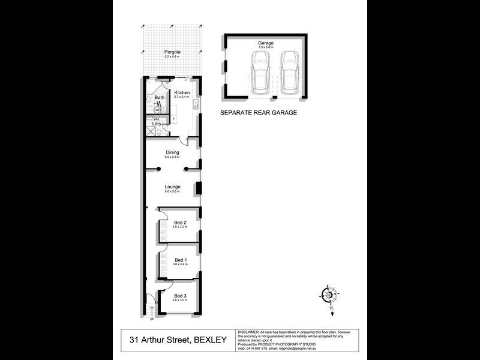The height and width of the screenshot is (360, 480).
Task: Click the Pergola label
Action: pyautogui.click(x=173, y=52)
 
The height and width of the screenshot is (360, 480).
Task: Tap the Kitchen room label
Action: pyautogui.click(x=182, y=93)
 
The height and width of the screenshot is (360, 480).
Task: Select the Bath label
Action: pyautogui.click(x=159, y=97)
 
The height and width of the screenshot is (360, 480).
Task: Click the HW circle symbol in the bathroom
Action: pyautogui.click(x=157, y=110)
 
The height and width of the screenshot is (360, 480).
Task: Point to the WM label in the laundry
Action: pyautogui.click(x=156, y=119)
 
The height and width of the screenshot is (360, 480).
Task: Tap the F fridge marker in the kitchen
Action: pyautogui.click(x=173, y=119)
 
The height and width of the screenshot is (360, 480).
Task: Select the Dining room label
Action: pyautogui.click(x=173, y=152)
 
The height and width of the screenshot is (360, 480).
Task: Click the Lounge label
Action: pyautogui.click(x=173, y=187)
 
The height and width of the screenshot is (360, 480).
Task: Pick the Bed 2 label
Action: pyautogui.click(x=180, y=223)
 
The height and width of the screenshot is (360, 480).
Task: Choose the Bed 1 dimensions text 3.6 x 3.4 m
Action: pyautogui.click(x=180, y=264)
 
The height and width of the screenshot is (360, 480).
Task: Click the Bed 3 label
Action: pyautogui.click(x=180, y=295)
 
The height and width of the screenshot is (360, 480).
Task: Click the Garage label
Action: pyautogui.click(x=266, y=43)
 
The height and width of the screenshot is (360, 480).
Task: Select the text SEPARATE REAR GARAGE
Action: pyautogui.click(x=258, y=112)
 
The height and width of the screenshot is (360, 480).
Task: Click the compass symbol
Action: pyautogui.click(x=329, y=295)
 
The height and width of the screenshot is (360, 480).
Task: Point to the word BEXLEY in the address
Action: pyautogui.click(x=210, y=340)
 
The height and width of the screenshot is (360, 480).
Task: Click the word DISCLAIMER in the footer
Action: pyautogui.click(x=249, y=332)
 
